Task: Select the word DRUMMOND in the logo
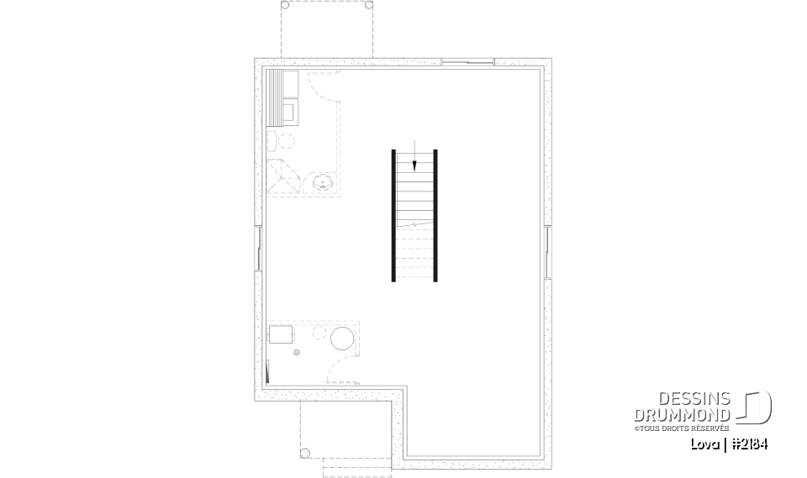683,415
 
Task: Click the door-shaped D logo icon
755,407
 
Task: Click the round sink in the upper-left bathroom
323,181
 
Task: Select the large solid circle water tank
342,339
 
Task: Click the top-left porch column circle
284,5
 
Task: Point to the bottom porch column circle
305,454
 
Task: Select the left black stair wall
393,215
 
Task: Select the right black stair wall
435,215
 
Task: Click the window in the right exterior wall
547,251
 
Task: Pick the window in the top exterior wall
468,62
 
